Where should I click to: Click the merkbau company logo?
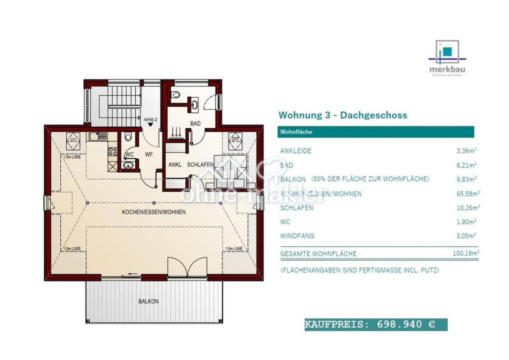click(447, 58)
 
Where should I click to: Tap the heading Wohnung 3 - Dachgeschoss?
click(343, 115)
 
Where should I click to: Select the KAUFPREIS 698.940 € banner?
click(375, 324)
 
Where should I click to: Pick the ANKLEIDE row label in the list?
click(296, 151)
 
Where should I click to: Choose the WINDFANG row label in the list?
click(297, 236)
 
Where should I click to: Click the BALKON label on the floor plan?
click(148, 301)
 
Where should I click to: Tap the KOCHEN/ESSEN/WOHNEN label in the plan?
click(153, 212)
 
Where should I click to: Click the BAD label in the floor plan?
click(195, 124)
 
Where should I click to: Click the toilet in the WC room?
click(127, 137)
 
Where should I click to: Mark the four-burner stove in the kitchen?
click(113, 151)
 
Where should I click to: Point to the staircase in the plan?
click(117, 106)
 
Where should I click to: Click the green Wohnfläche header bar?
click(375, 132)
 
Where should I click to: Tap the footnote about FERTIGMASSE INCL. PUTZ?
click(359, 270)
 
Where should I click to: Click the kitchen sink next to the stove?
click(98, 137)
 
